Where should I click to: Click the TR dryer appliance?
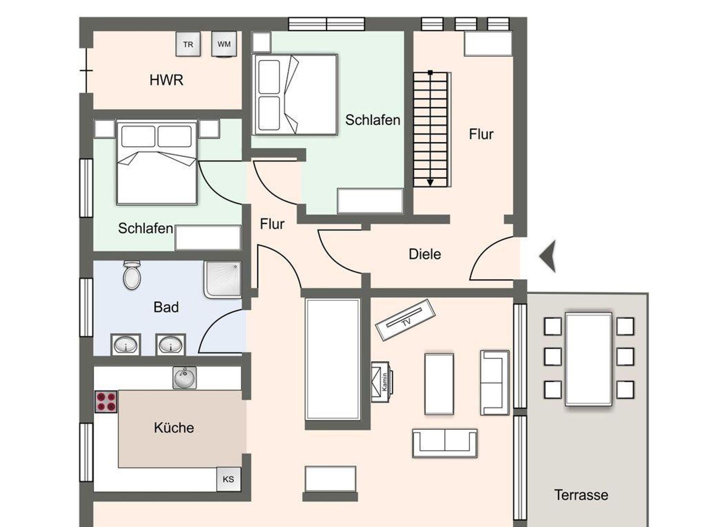[188, 44]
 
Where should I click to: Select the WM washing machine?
[224, 44]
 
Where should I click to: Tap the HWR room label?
[166, 80]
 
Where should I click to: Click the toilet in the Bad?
[132, 274]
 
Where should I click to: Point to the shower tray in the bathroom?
[222, 279]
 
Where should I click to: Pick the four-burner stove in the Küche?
[106, 402]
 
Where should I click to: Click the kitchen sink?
[184, 377]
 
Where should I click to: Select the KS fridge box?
[228, 479]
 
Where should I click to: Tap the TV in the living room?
[405, 320]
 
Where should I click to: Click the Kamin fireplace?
[382, 382]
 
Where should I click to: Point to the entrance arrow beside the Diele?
[548, 256]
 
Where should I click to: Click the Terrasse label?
[581, 495]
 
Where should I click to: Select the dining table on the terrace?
[588, 359]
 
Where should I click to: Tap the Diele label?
[425, 254]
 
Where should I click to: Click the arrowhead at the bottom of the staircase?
[430, 182]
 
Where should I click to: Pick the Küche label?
[174, 428]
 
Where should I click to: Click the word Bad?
[166, 307]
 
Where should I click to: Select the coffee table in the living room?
[439, 384]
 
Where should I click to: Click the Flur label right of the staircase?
[481, 134]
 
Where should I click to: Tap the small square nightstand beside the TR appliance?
[262, 42]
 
